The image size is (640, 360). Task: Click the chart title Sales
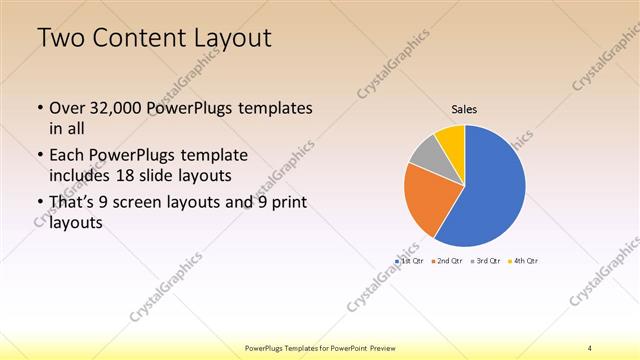click(x=464, y=107)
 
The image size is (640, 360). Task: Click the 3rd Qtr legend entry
click(x=489, y=260)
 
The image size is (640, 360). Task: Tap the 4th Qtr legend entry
click(x=526, y=260)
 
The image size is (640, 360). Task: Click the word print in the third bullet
click(x=284, y=204)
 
